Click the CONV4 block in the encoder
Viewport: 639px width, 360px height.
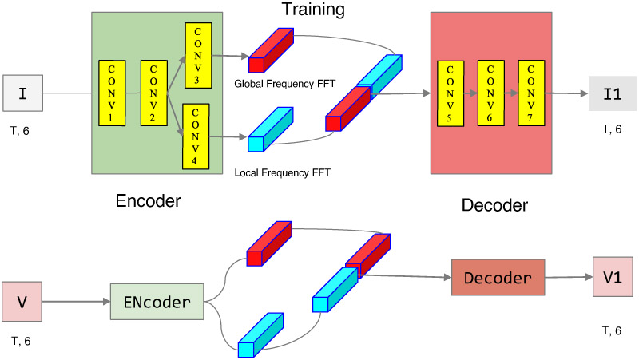pyautogui.click(x=196, y=136)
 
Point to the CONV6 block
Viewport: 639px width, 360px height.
pyautogui.click(x=490, y=92)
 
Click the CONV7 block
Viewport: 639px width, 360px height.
pyautogui.click(x=530, y=92)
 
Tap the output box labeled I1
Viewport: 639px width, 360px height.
pyautogui.click(x=611, y=93)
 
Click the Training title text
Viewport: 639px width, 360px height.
pyautogui.click(x=312, y=10)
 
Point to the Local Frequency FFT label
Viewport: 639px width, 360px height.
pyautogui.click(x=283, y=172)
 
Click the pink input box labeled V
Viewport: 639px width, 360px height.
pyautogui.click(x=22, y=301)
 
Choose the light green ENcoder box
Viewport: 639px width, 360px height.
pyautogui.click(x=157, y=302)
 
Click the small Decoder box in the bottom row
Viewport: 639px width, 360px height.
pyautogui.click(x=497, y=279)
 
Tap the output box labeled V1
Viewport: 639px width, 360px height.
pyautogui.click(x=612, y=276)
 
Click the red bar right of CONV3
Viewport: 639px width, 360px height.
pyautogui.click(x=271, y=51)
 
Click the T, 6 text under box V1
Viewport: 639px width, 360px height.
pyautogui.click(x=611, y=330)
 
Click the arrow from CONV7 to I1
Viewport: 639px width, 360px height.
pyautogui.click(x=569, y=93)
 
